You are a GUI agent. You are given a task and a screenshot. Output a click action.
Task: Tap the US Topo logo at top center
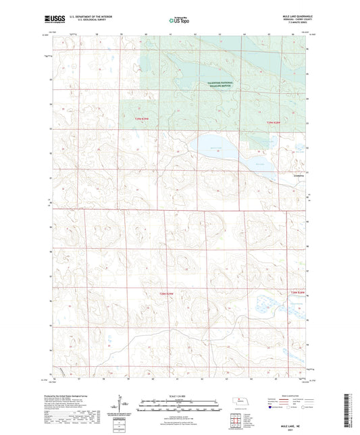coord(179,20)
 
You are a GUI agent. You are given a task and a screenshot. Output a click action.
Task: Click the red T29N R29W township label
coord(140,119)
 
